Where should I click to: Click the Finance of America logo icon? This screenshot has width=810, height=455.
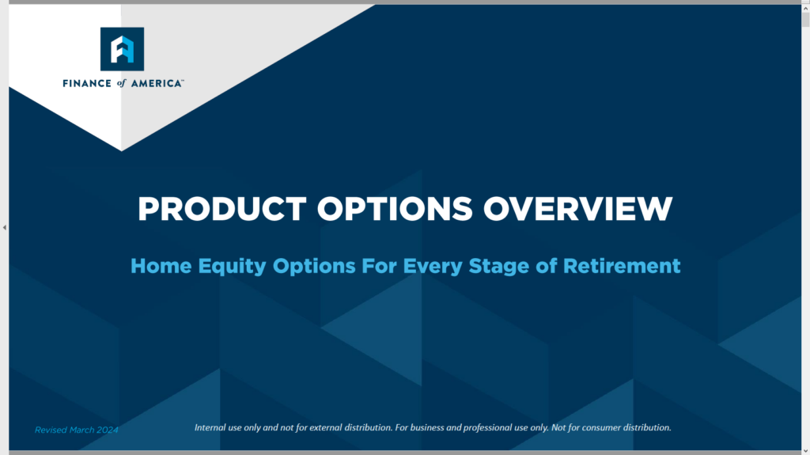click(122, 49)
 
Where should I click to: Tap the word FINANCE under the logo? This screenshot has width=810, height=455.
click(87, 83)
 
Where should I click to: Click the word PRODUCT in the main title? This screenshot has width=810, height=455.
click(222, 209)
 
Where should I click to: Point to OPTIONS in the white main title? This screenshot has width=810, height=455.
click(395, 209)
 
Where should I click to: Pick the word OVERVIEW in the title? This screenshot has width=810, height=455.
click(578, 209)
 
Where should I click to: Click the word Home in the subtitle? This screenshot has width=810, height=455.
click(161, 266)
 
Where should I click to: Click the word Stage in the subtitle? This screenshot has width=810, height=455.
click(498, 267)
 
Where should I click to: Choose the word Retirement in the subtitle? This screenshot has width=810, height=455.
click(622, 266)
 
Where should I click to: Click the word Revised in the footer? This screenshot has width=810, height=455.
click(51, 430)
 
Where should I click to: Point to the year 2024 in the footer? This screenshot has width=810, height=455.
click(108, 430)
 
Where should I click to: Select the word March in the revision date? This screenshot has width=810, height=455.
click(81, 430)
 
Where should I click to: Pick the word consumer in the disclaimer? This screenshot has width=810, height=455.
click(601, 427)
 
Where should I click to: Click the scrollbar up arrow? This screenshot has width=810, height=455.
click(805, 8)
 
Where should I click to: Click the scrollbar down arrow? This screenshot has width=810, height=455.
click(805, 451)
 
